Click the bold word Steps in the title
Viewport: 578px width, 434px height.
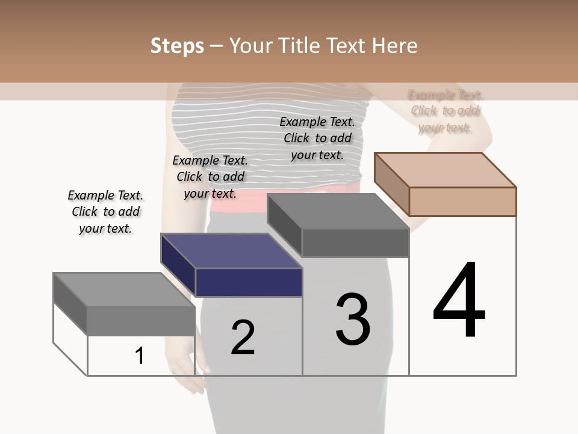coord(177,46)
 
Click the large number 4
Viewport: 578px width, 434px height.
coord(459,301)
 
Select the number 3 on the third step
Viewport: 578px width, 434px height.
coord(353,319)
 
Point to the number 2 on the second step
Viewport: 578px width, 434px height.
coord(243,338)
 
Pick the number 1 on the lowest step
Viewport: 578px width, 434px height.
coord(140,356)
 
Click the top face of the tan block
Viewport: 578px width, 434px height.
coord(446,169)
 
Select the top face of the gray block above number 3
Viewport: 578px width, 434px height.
coord(338,211)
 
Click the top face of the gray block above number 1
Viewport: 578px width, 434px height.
coord(124,289)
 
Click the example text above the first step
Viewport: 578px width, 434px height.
coord(105,212)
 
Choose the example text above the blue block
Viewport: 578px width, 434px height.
coord(210,177)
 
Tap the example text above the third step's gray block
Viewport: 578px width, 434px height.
coord(317,138)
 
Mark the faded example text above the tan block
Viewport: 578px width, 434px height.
coord(446,111)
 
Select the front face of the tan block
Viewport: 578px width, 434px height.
coord(462,201)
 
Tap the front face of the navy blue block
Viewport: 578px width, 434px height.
coord(249,283)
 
